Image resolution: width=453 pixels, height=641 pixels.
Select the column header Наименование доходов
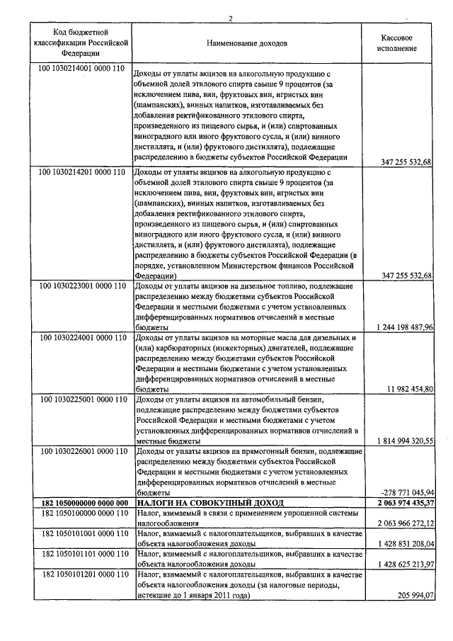247,43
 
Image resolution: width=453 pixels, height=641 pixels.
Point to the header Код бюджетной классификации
80,42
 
